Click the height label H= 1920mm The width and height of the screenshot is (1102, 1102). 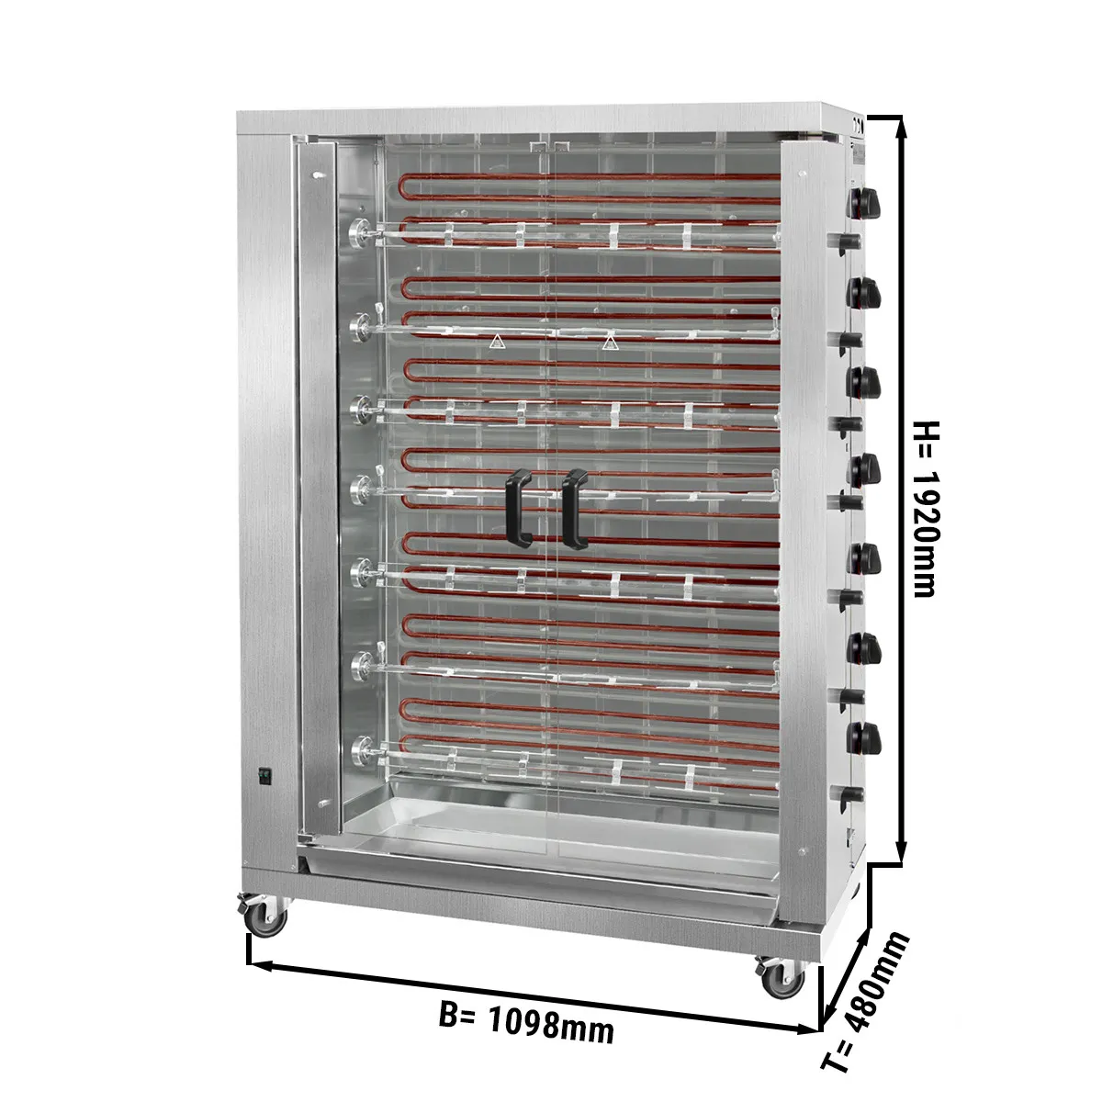(x=924, y=510)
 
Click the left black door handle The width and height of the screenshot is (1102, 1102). (x=519, y=509)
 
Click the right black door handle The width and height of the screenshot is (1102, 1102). (x=575, y=509)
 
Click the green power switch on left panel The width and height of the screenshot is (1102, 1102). (x=264, y=776)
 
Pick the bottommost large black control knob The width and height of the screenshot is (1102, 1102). (x=863, y=737)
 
